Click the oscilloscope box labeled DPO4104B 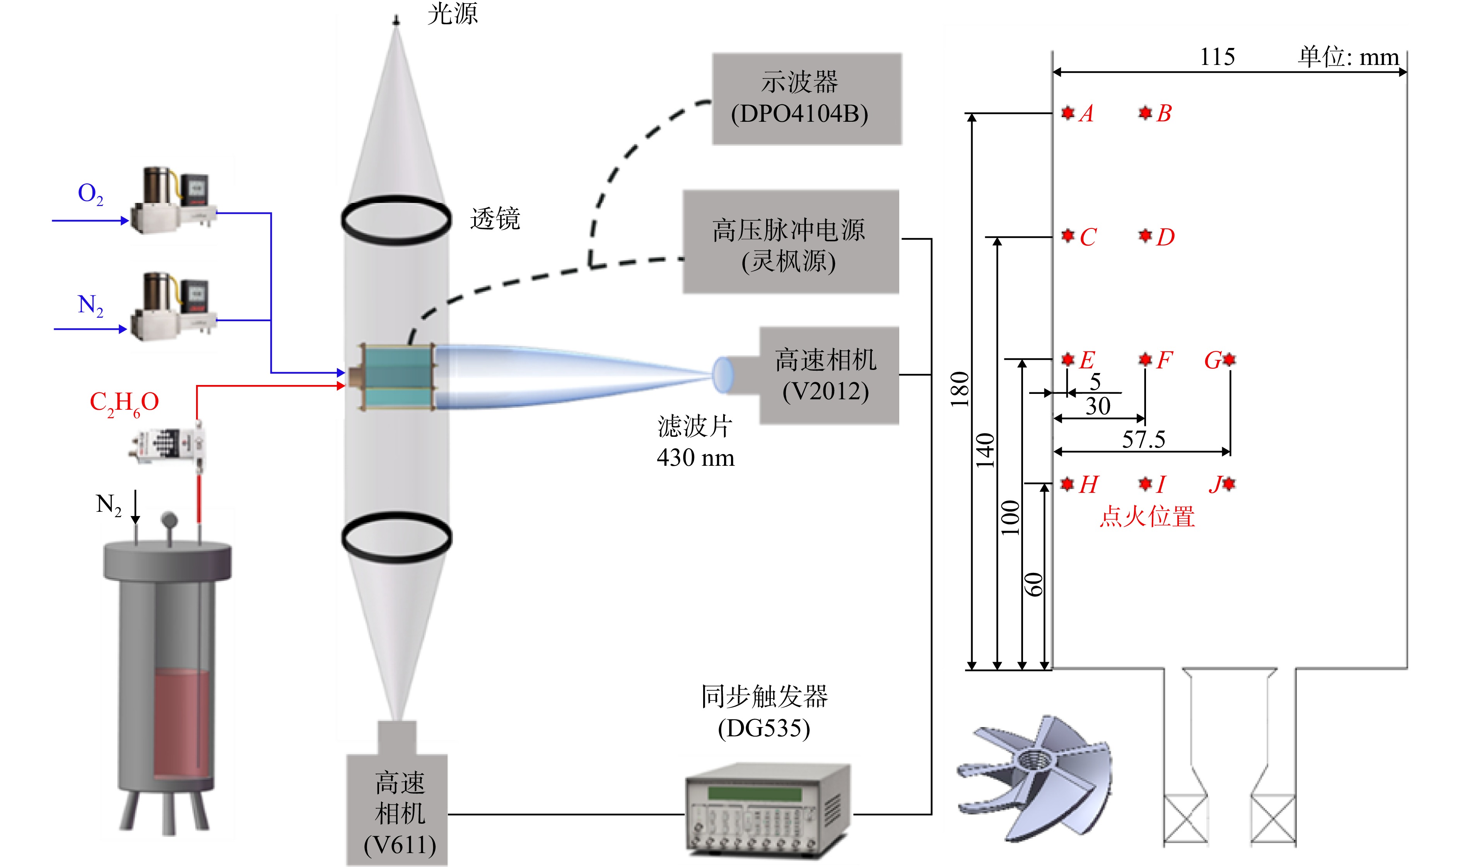click(x=807, y=99)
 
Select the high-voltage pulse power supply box click(x=791, y=241)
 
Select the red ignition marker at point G click(x=1229, y=359)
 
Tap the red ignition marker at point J click(x=1229, y=484)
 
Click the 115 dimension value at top click(x=1217, y=57)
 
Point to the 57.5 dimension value click(x=1143, y=439)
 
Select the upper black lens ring click(x=396, y=220)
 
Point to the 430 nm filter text click(x=695, y=457)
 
